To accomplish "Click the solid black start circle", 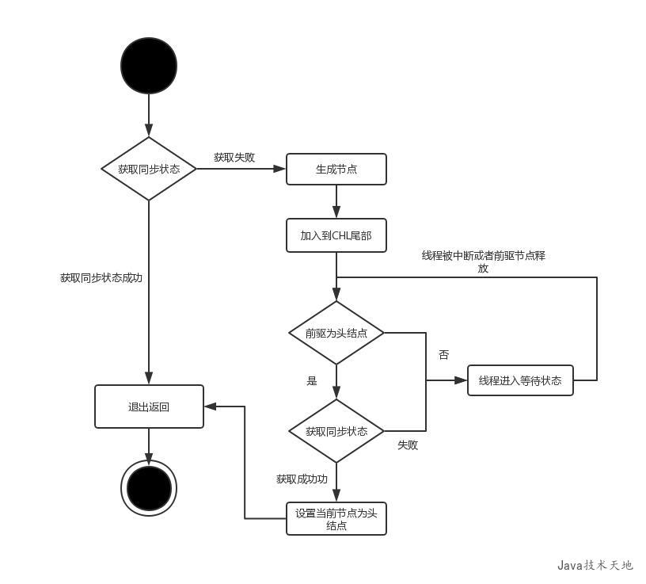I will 149,65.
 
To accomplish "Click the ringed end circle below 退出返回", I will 149,487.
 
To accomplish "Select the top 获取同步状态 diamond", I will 149,169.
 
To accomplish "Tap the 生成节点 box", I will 336,169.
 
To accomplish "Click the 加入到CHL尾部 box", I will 336,235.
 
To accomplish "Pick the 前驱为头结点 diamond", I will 336,333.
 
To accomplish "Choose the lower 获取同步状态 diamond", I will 336,431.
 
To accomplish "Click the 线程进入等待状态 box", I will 520,380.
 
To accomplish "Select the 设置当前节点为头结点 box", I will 336,519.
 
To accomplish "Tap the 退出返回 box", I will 149,407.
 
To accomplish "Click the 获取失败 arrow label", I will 234,157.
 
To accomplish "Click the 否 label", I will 443,355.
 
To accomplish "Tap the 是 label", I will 311,380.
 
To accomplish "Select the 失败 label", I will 408,445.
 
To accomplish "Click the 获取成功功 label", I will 302,479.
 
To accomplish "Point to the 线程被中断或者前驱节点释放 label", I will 483,261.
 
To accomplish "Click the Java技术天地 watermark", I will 595,565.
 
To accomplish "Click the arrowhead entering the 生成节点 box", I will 279,169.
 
